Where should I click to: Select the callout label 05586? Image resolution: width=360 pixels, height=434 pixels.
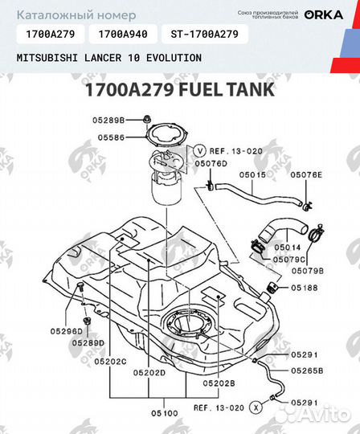(112, 137)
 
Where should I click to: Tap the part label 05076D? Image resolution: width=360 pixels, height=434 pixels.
(211, 162)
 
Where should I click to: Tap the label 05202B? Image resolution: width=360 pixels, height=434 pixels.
(219, 384)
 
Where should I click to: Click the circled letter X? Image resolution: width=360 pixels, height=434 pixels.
(256, 407)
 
